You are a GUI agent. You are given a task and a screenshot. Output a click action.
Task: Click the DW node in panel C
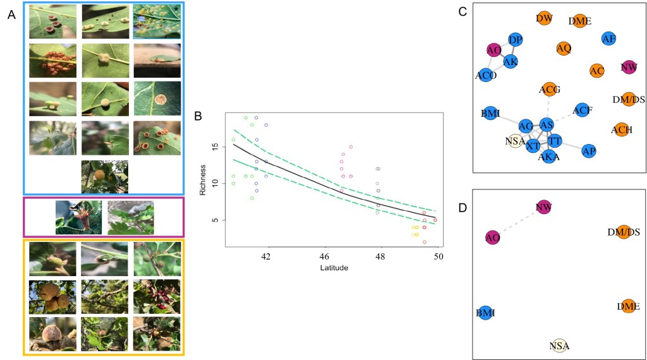[544, 19]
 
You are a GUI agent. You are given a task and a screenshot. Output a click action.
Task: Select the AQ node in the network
[564, 48]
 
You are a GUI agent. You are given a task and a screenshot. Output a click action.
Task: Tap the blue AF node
[609, 39]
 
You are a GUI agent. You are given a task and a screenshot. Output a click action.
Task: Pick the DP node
[516, 40]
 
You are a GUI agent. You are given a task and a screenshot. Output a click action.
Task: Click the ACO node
[486, 75]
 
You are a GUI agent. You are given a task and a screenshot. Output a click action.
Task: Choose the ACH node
[622, 130]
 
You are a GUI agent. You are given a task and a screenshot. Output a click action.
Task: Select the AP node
[589, 151]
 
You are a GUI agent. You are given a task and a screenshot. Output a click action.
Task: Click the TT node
[554, 141]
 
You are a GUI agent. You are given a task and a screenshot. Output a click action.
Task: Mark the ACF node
[583, 111]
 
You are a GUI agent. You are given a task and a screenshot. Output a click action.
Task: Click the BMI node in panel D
[486, 313]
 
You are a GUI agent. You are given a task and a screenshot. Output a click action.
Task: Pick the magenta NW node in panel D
[544, 207]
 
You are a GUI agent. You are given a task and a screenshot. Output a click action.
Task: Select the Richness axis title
[203, 180]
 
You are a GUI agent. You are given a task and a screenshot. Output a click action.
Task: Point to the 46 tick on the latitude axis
[324, 256]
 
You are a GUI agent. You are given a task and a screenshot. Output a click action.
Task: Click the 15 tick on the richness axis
[215, 147]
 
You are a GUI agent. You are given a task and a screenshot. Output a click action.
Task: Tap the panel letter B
[198, 117]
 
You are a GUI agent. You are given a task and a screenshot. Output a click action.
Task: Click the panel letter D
[463, 207]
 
